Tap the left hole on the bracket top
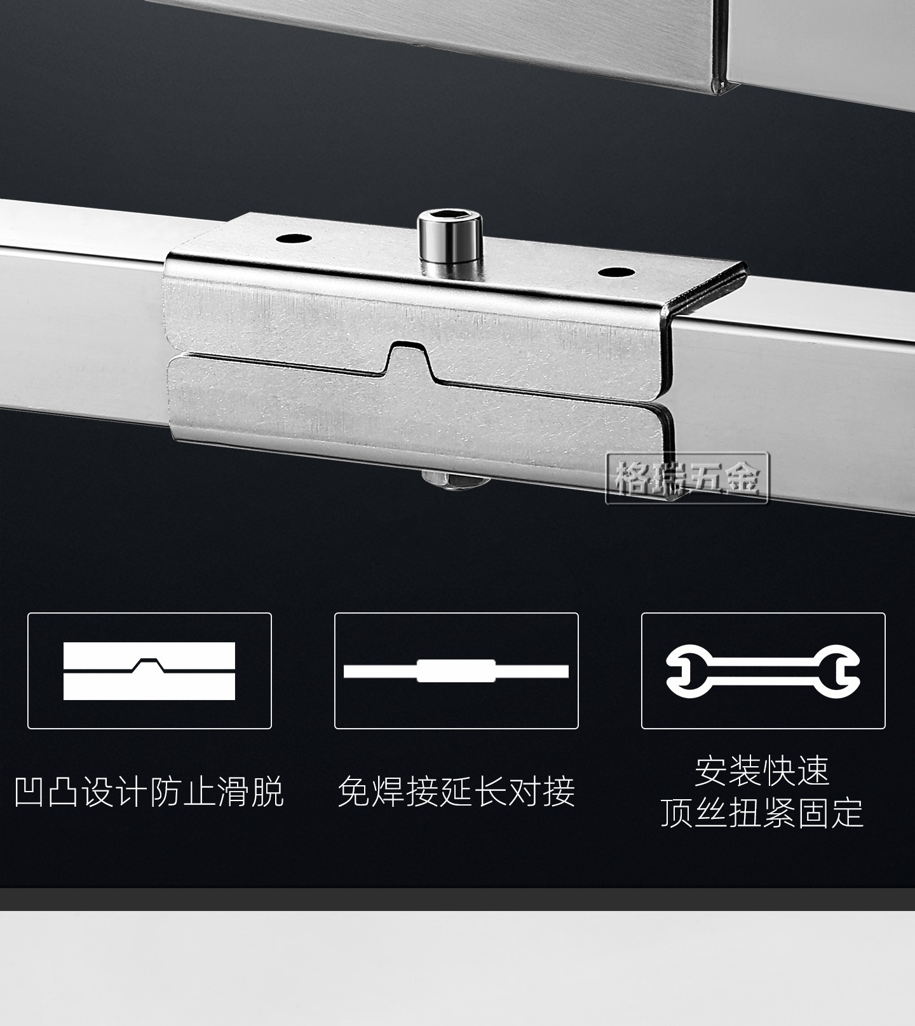point(294,240)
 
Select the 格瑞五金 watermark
point(688,478)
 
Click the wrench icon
point(762,670)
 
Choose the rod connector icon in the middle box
point(456,671)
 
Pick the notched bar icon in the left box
point(149,671)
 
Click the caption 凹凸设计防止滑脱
point(149,792)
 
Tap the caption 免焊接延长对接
point(456,792)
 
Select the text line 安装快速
point(762,771)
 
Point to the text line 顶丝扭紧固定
point(762,813)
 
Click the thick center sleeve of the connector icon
point(456,671)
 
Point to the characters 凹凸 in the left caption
point(48,792)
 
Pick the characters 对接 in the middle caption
point(542,792)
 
